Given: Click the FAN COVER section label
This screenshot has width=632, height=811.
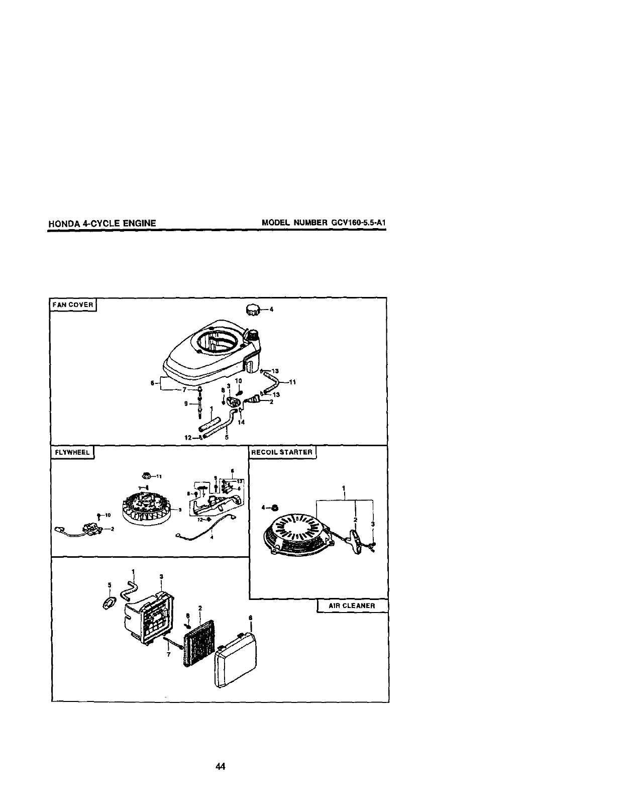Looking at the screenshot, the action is coord(74,305).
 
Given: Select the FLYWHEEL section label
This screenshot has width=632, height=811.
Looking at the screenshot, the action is coord(72,452).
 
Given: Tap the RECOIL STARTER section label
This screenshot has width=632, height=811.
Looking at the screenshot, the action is coord(282,452).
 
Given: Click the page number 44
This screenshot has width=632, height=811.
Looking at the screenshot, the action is coord(220,766).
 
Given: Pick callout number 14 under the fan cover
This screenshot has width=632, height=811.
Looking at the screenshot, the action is coord(241,423).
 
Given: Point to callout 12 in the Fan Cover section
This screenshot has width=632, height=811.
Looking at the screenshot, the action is coord(188,437).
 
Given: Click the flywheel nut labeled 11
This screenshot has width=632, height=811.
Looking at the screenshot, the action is coord(148,475).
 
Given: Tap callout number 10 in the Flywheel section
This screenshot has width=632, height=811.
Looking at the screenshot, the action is coord(108,515).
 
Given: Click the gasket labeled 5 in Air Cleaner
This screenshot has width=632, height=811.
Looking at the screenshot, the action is coord(107,603).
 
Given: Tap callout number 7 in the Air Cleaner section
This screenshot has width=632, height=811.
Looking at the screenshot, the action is coord(168,655).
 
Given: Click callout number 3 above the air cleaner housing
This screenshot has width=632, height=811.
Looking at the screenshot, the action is coord(161,576).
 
